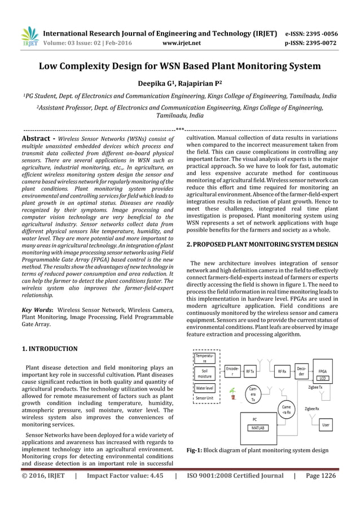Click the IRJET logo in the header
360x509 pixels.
point(29,37)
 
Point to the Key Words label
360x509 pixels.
point(37,309)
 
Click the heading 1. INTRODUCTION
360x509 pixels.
point(49,349)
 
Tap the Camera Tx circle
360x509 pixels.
point(253,393)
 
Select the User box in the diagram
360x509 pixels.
point(326,423)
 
